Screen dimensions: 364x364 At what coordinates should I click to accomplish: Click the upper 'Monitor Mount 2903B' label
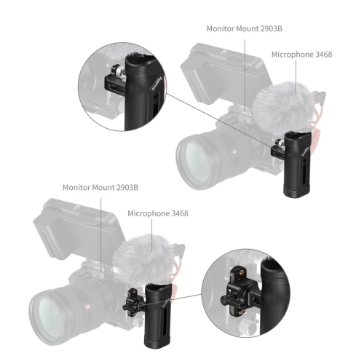click(x=244, y=28)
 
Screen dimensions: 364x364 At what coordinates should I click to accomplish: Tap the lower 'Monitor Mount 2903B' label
click(x=100, y=187)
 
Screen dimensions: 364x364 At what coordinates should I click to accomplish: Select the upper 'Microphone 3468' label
click(x=301, y=55)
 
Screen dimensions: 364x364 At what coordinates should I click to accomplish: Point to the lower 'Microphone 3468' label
click(x=158, y=213)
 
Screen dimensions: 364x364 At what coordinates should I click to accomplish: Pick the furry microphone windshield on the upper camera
click(x=282, y=104)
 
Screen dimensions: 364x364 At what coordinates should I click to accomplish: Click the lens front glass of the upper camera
click(x=194, y=162)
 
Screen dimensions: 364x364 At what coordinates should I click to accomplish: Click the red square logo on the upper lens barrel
click(x=234, y=151)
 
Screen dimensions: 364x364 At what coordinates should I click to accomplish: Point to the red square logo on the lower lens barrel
click(x=87, y=306)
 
